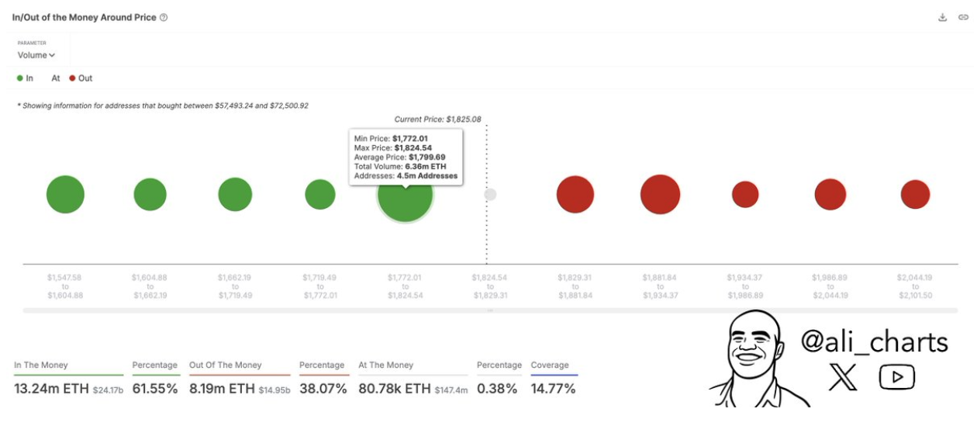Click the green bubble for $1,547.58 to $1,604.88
65,194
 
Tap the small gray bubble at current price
490,195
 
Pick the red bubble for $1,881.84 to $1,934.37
660,194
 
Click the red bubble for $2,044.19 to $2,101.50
915,194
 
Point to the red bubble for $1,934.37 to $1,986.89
745,194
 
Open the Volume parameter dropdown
36,55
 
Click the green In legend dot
20,78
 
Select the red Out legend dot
72,78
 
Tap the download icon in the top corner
943,17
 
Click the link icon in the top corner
963,17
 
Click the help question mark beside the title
164,17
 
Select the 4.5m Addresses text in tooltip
427,176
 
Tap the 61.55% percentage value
154,389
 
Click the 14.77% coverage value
553,389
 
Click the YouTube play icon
896,378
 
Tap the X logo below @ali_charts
843,378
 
